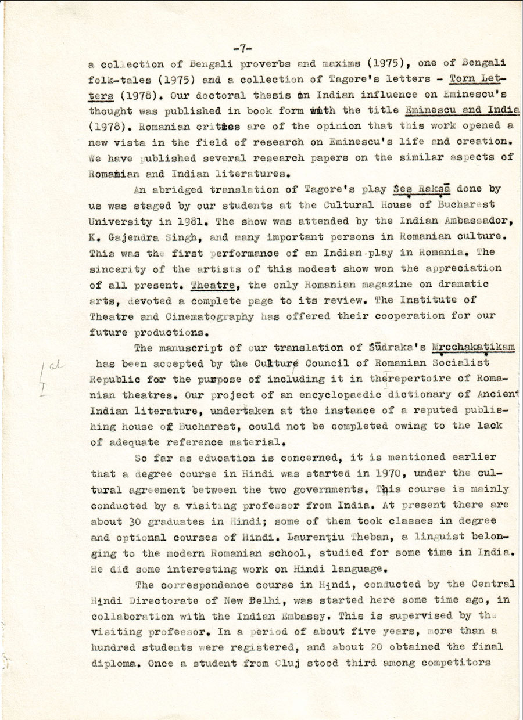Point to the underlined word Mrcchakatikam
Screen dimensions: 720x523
(478, 348)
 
